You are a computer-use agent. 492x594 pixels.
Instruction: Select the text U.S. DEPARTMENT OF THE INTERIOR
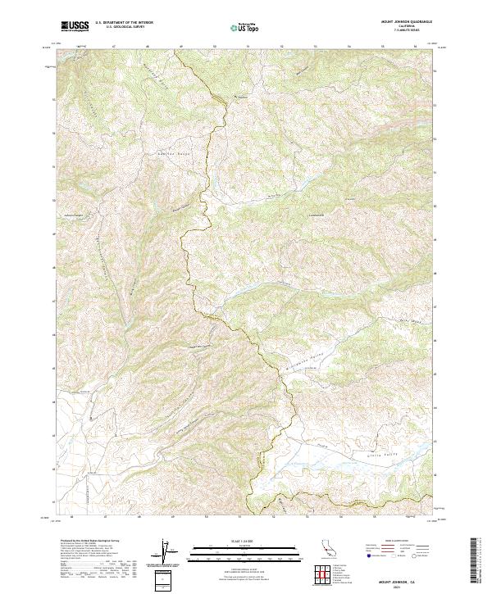pyautogui.click(x=124, y=23)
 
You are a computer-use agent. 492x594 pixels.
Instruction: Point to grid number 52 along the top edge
pyautogui.click(x=281, y=46)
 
